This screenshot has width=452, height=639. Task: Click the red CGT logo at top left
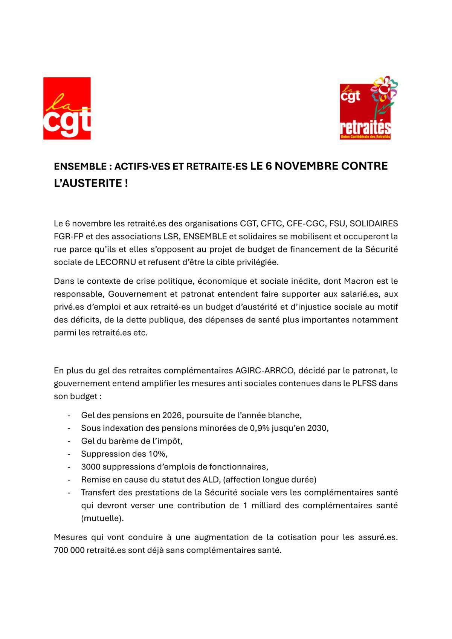pyautogui.click(x=67, y=109)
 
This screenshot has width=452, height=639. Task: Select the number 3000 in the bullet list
pyautogui.click(x=90, y=467)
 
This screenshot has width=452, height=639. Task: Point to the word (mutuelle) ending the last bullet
pyautogui.click(x=102, y=518)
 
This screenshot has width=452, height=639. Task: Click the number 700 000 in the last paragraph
pyautogui.click(x=69, y=550)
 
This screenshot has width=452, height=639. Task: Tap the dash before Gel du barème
pyautogui.click(x=69, y=441)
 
